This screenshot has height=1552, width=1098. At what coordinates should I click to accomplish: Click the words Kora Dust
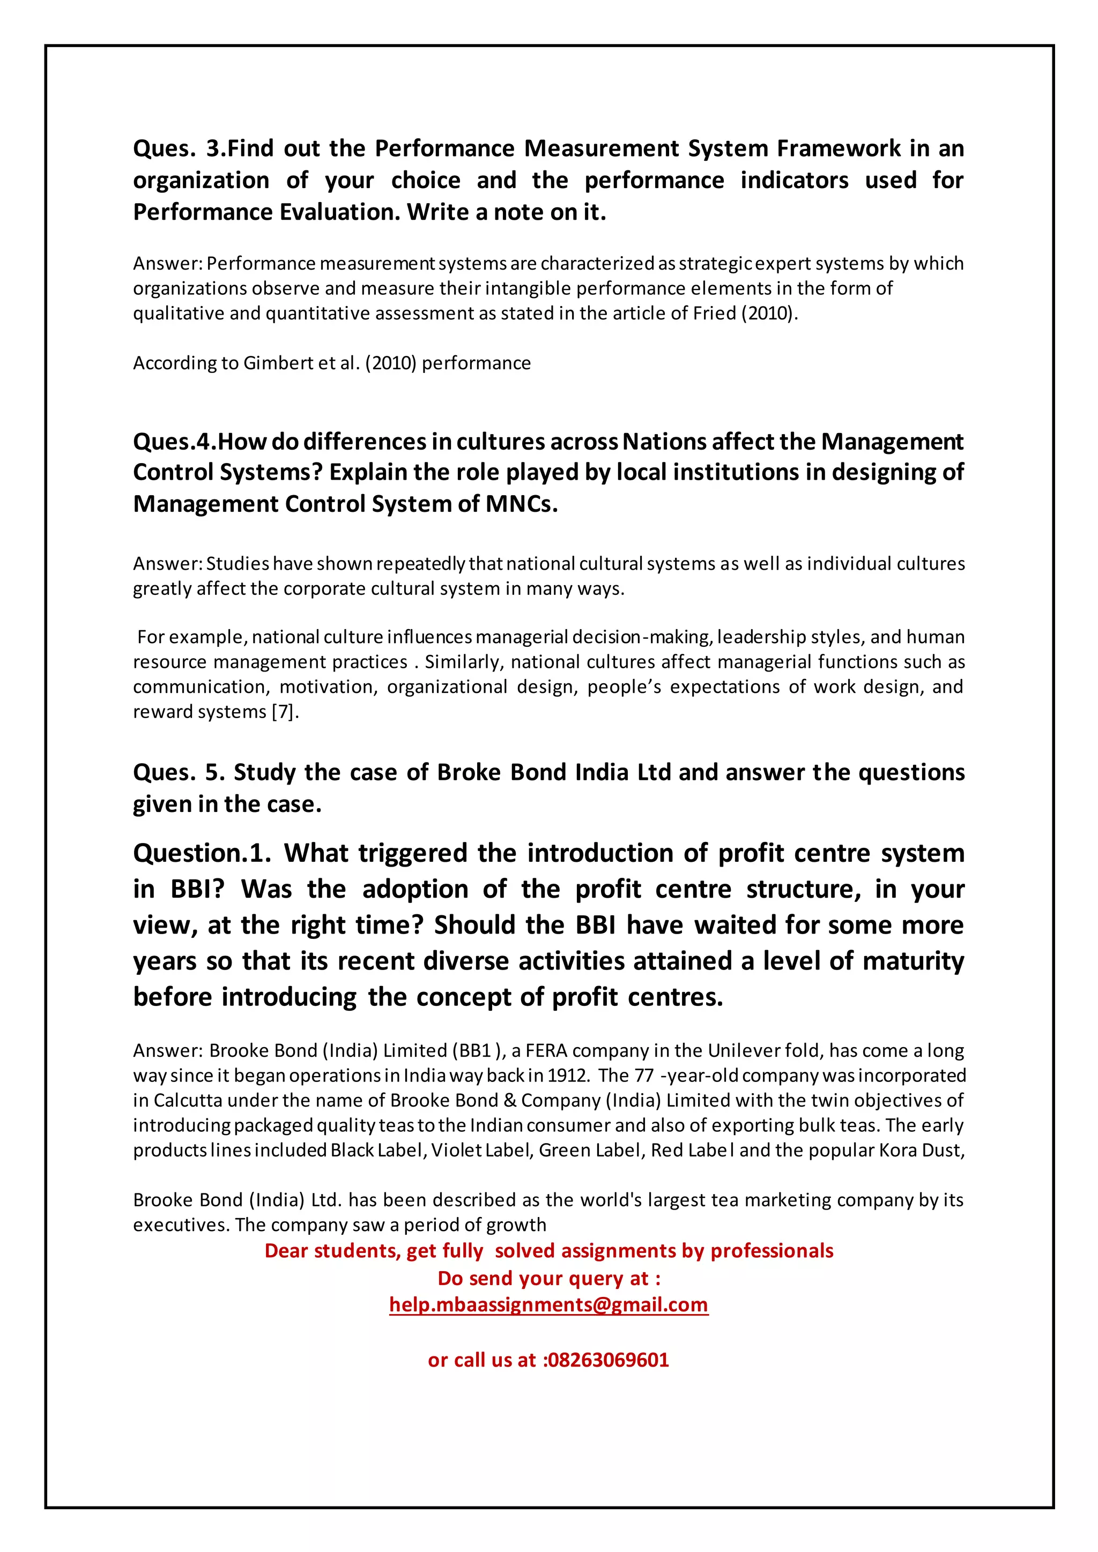(920, 1151)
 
